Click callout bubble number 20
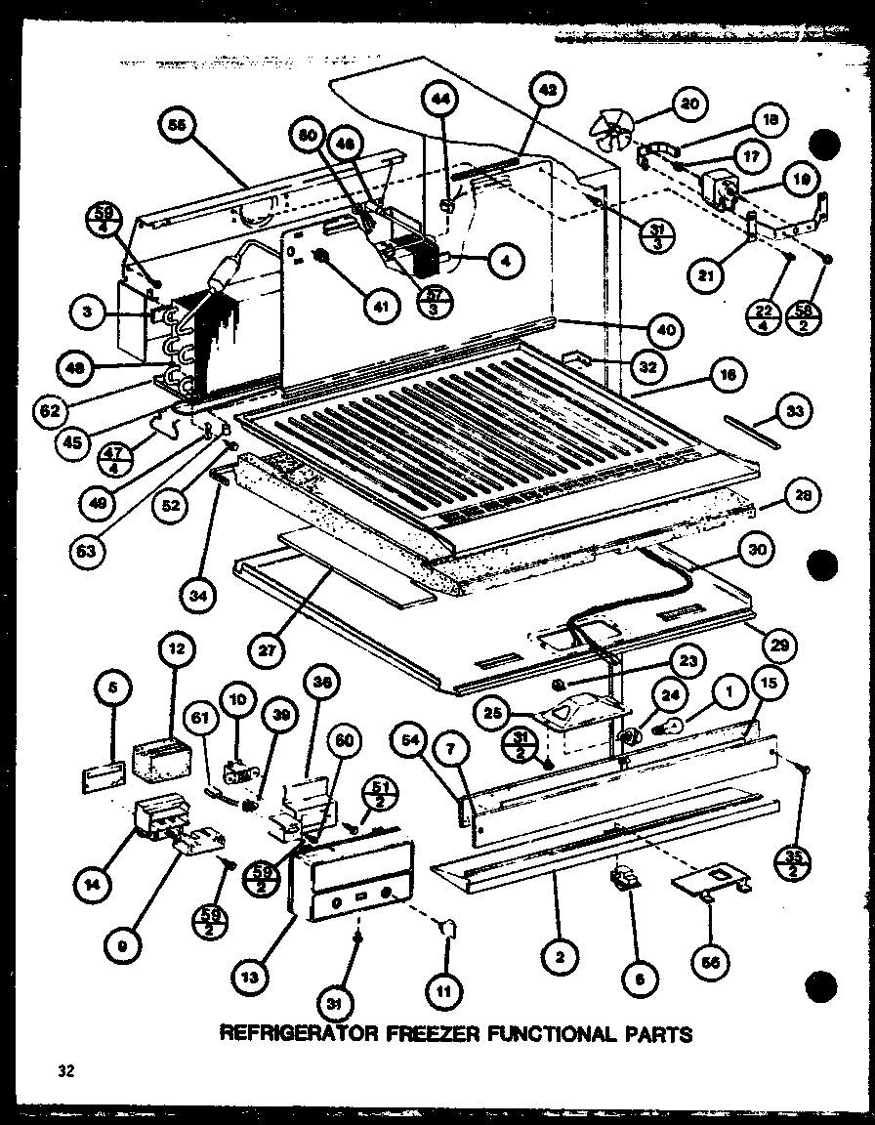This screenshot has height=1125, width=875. pos(689,104)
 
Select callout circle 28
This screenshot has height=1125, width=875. pos(800,495)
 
